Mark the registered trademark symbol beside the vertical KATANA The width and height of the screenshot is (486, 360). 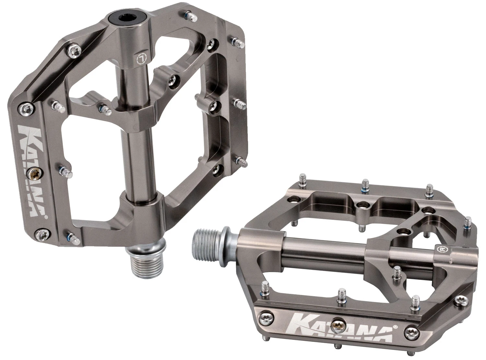click(x=46, y=218)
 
